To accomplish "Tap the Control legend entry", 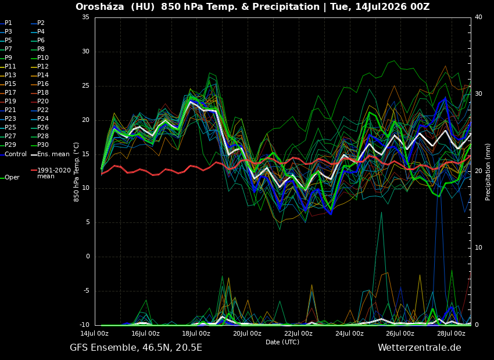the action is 13,154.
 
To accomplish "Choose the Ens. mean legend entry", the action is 50,154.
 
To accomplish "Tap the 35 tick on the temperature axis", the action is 85,17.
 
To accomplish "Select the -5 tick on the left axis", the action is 85,291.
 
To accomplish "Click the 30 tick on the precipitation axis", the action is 478,94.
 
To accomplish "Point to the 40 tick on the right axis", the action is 478,17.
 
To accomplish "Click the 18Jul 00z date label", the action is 196,333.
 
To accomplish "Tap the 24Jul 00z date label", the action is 349,333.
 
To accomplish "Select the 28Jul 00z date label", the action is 451,333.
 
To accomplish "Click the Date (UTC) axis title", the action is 282,342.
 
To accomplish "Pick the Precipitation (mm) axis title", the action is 488,171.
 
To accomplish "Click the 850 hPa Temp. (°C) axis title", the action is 77,172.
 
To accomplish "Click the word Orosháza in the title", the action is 100,6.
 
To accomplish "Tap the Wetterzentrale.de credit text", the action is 420,348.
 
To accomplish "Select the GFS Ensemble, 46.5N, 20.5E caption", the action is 136,348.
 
